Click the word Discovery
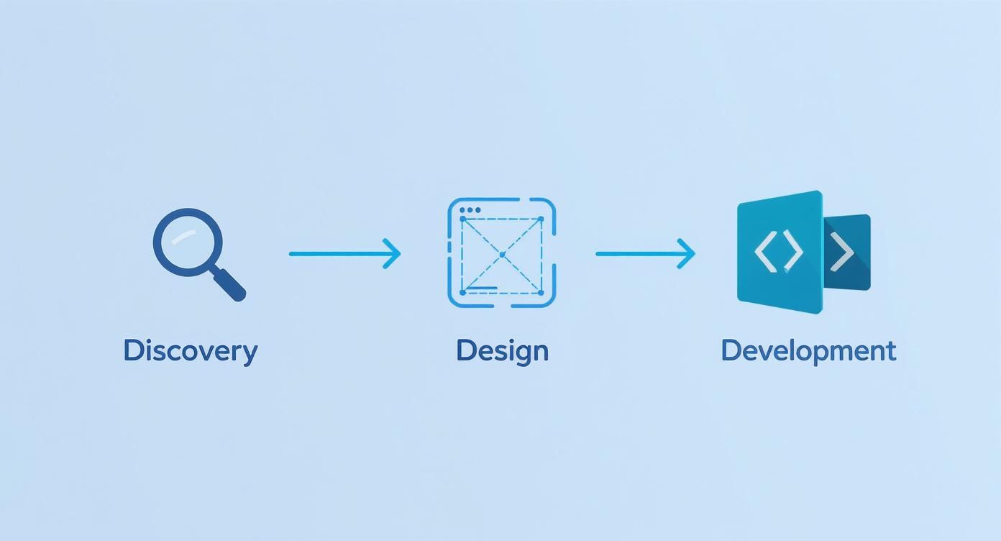click(190, 351)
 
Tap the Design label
click(502, 351)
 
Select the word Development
click(808, 351)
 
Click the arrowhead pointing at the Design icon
click(393, 253)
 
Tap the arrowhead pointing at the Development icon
click(687, 253)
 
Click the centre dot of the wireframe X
click(502, 255)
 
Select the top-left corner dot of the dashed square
click(462, 219)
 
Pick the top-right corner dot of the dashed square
click(541, 219)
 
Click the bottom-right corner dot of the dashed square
click(541, 292)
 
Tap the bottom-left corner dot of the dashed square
click(462, 292)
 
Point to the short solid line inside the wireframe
click(482, 288)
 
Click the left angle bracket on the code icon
click(764, 253)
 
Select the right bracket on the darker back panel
click(843, 253)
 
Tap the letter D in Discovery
click(132, 351)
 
